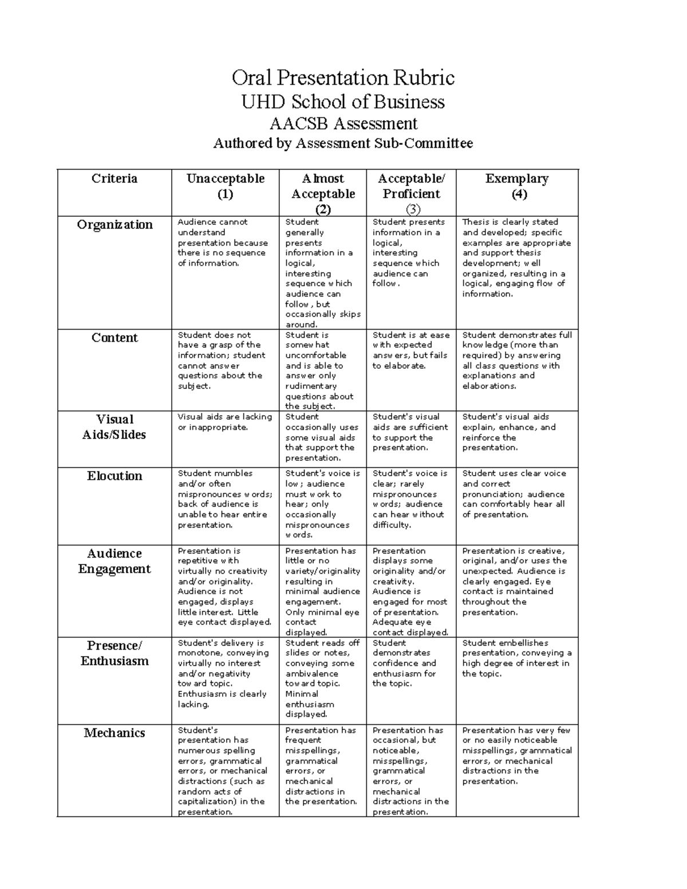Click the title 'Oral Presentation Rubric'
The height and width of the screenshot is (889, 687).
point(343,77)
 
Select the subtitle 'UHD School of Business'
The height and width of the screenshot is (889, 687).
point(343,102)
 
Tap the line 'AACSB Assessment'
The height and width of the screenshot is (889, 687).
point(343,124)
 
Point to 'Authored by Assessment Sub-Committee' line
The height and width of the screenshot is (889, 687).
point(343,143)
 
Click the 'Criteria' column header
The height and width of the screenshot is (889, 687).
point(114,179)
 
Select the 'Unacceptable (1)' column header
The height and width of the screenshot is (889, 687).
point(225,186)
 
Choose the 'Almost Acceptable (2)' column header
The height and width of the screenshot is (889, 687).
point(323,193)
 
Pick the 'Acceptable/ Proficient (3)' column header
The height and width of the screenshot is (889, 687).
point(411,193)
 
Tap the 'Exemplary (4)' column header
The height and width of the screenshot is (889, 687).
point(517,186)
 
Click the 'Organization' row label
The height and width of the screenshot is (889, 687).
point(114,224)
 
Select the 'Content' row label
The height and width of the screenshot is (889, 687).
point(114,338)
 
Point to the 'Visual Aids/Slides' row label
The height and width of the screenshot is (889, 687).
point(114,427)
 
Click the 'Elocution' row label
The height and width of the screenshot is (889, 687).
point(114,476)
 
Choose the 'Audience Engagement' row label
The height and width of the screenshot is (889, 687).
point(114,561)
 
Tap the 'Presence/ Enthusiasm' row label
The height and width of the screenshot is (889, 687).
point(114,653)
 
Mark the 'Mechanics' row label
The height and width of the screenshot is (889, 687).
point(114,733)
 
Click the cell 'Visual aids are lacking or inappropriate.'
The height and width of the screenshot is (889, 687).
point(224,422)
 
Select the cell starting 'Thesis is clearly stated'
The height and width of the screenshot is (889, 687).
point(516,258)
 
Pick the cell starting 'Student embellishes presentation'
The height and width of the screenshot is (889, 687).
point(516,658)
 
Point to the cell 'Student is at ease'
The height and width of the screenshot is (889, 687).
point(410,350)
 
